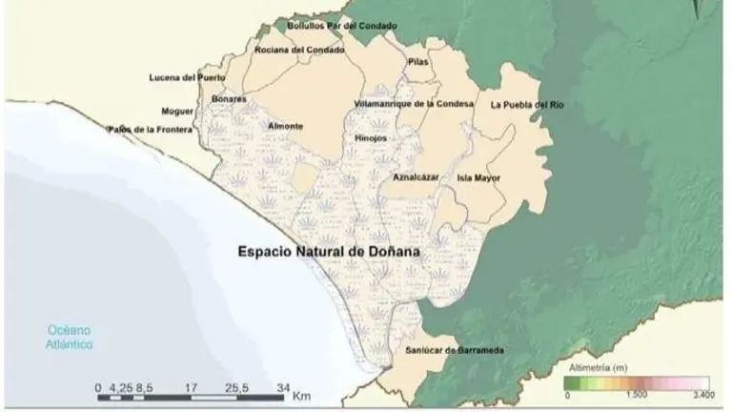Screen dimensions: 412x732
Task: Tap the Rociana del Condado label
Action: (299, 49)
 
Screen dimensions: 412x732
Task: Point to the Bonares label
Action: (230, 98)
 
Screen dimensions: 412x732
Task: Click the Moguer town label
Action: (177, 111)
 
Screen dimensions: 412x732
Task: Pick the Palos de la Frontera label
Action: (150, 129)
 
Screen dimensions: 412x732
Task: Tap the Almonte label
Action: (286, 126)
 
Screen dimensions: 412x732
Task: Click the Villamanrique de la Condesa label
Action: (413, 103)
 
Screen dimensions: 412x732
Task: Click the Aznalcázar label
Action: (416, 177)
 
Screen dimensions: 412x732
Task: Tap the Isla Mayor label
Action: (478, 177)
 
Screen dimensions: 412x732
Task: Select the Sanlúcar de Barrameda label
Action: (454, 351)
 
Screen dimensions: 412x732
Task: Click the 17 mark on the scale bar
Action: (192, 388)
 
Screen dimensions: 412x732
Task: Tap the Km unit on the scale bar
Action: (302, 395)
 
